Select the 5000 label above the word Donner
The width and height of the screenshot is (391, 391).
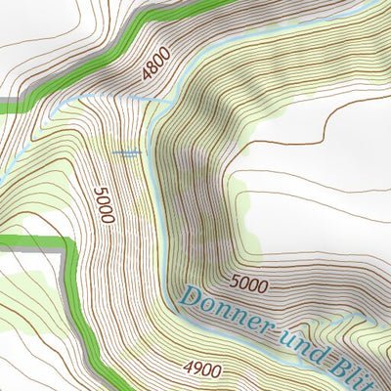[x=248, y=284]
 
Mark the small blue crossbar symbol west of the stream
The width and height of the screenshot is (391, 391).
[x=128, y=152]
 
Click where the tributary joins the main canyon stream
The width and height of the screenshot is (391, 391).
[x=156, y=100]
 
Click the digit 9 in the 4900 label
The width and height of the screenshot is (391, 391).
[x=195, y=369]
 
